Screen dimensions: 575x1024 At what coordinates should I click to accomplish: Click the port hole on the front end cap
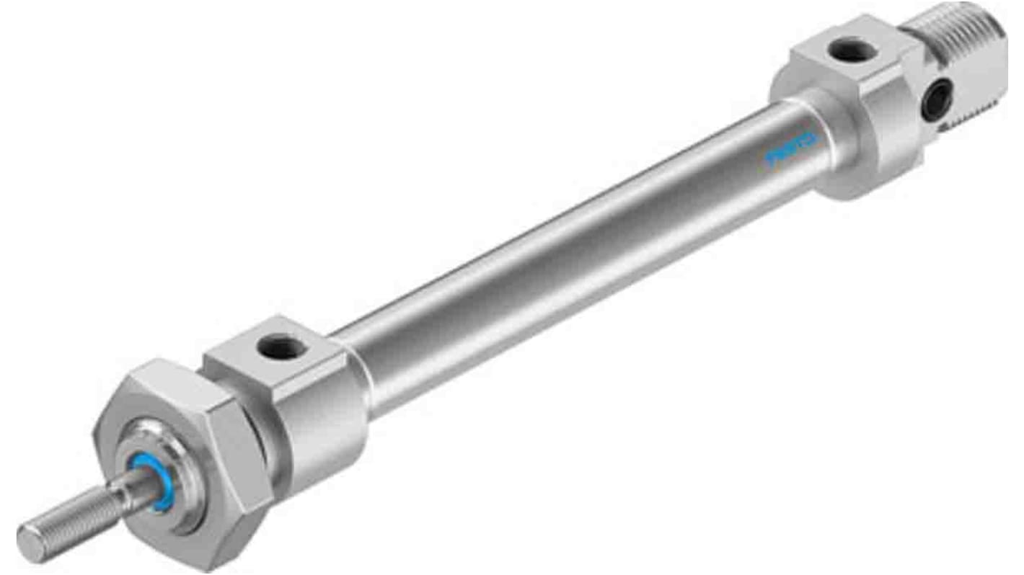point(283,349)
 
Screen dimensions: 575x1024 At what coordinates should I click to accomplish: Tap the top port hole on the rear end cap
point(852,50)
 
